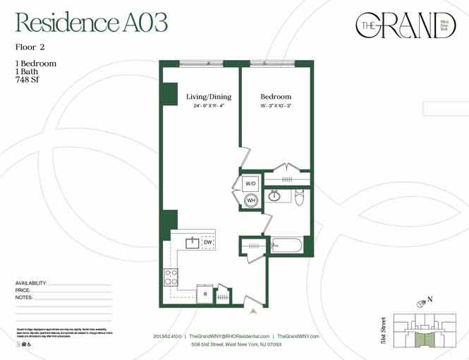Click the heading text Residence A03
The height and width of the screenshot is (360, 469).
point(92,23)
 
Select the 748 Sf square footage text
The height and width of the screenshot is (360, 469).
point(28,80)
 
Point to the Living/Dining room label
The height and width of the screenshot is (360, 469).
point(209,97)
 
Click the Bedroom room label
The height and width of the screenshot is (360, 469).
point(276,97)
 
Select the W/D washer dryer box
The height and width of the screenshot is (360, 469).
point(250,184)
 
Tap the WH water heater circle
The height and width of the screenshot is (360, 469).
point(250,201)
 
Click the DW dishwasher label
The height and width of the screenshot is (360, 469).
point(208,243)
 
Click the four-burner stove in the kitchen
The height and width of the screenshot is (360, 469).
point(171,277)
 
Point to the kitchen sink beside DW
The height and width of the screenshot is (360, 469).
point(191,244)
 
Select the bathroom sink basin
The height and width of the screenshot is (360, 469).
point(276,196)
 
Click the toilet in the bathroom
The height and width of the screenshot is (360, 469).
point(299,198)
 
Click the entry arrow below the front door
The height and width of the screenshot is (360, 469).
point(252,310)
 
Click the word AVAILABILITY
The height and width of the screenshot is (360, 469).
point(31,283)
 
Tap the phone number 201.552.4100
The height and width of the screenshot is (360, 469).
point(166,337)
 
